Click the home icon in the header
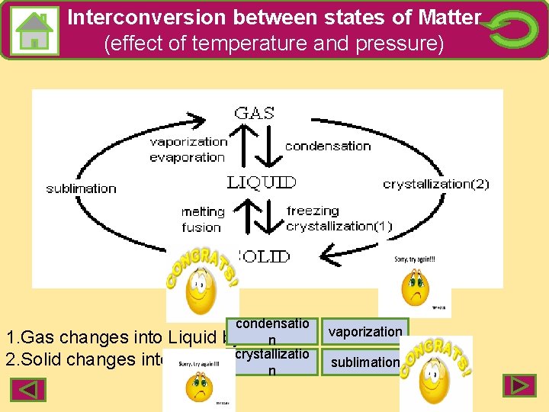click(x=34, y=31)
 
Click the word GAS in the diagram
click(x=255, y=113)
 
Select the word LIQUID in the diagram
click(x=262, y=182)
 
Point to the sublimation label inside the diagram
click(x=81, y=188)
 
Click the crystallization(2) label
click(x=435, y=184)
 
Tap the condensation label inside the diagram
click(x=328, y=146)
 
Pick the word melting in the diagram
click(x=203, y=211)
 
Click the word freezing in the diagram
click(x=313, y=211)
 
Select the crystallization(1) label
click(x=339, y=226)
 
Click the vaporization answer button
click(x=364, y=332)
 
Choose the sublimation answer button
click(x=364, y=362)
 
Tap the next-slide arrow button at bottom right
click(x=518, y=385)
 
